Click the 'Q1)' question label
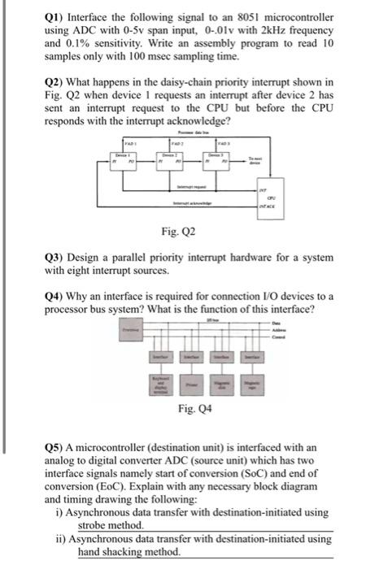(55, 16)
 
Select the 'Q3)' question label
(55, 258)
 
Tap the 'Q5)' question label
(55, 448)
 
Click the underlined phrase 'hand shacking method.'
(129, 552)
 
